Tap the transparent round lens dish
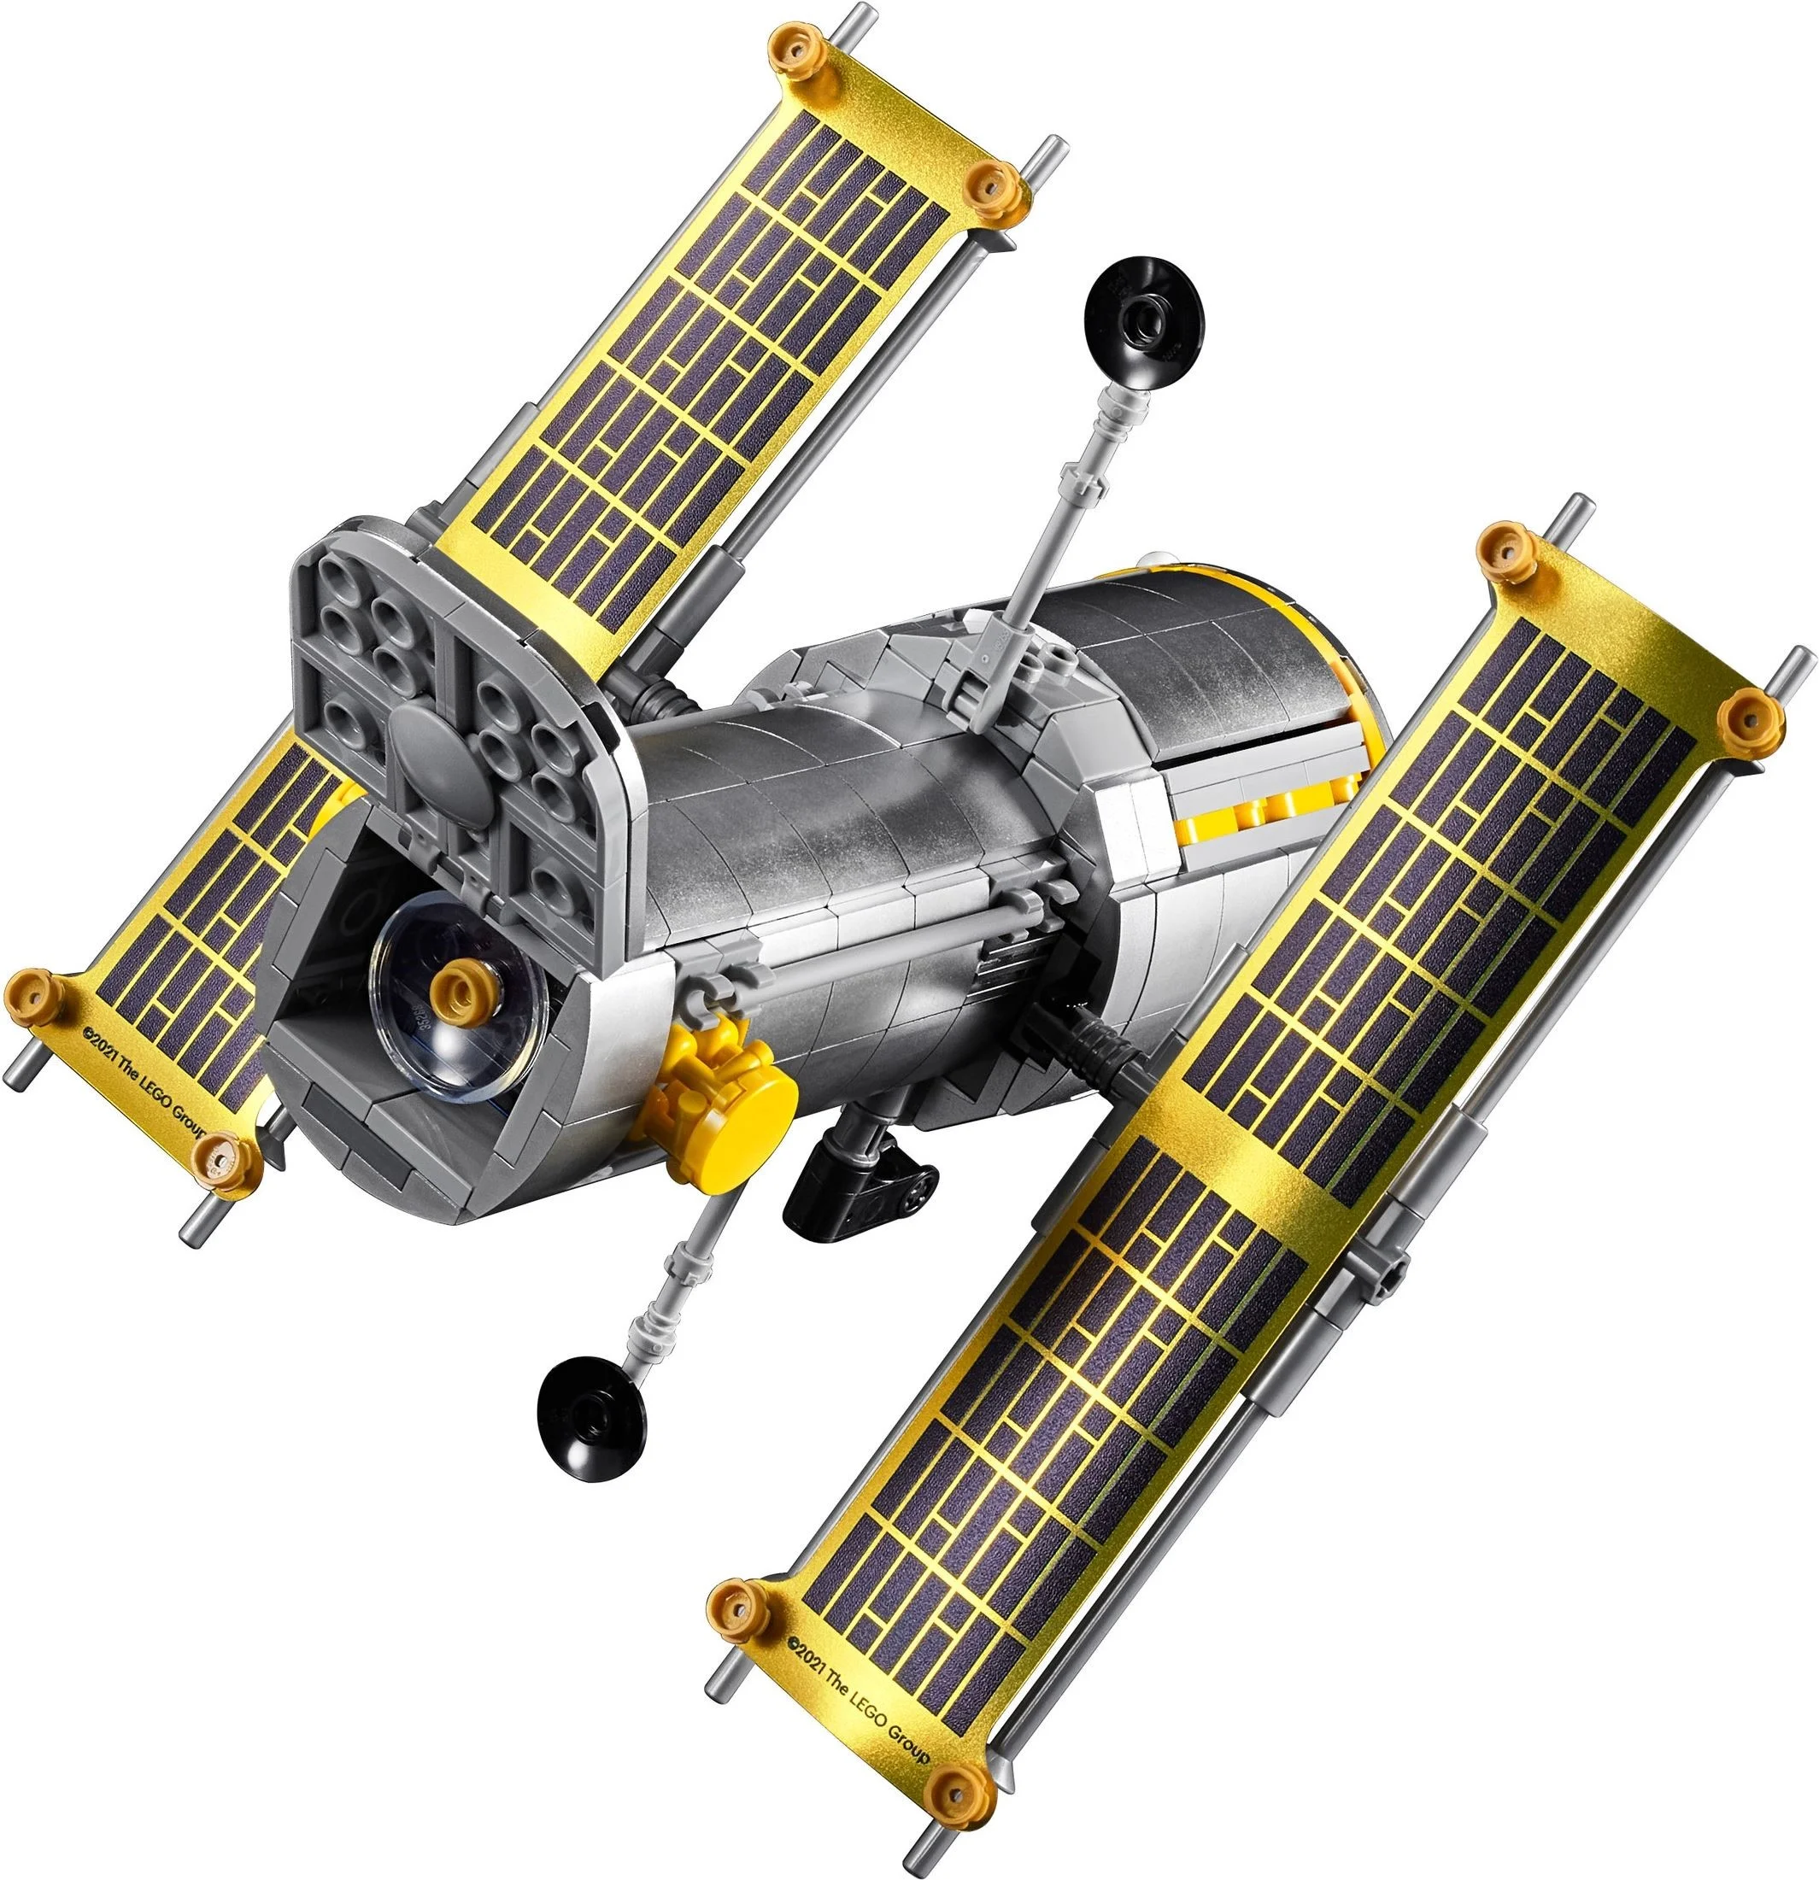tap(451, 998)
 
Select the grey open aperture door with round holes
tap(451, 710)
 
